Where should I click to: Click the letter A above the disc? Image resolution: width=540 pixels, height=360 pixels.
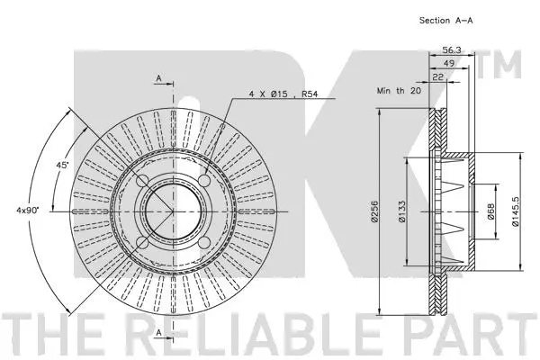click(159, 79)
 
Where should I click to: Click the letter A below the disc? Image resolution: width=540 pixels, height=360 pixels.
click(159, 333)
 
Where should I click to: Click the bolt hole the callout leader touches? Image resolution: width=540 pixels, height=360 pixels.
click(203, 182)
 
